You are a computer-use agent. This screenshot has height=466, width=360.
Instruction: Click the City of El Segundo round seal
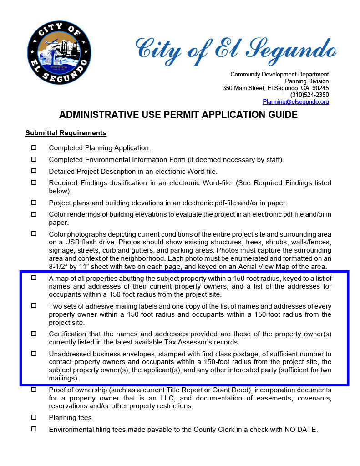pos(59,52)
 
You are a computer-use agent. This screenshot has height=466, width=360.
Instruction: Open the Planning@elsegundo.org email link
pos(295,102)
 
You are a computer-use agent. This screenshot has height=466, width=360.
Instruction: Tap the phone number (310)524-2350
pos(309,95)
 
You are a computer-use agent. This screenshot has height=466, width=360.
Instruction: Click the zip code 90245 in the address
pos(320,88)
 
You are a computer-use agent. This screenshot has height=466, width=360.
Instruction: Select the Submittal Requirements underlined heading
pos(66,133)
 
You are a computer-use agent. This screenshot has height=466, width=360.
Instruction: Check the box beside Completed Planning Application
pos(34,147)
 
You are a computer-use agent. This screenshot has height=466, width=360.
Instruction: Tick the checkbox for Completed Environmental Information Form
pos(34,159)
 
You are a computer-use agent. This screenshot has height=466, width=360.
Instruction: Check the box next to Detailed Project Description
pos(34,171)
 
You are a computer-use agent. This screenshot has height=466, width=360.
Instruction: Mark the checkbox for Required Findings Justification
pos(34,182)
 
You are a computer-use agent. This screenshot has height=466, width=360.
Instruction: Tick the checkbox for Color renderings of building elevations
pos(34,214)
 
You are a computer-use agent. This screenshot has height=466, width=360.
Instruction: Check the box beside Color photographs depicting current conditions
pos(34,234)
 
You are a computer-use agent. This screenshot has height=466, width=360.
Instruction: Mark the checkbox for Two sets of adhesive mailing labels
pos(34,306)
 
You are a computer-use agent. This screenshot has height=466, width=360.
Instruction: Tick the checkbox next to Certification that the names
pos(34,334)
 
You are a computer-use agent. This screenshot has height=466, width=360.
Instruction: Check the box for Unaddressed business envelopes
pos(34,354)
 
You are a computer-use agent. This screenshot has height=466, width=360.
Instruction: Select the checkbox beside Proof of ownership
pos(34,390)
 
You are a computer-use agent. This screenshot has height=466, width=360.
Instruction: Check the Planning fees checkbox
pos(34,417)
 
